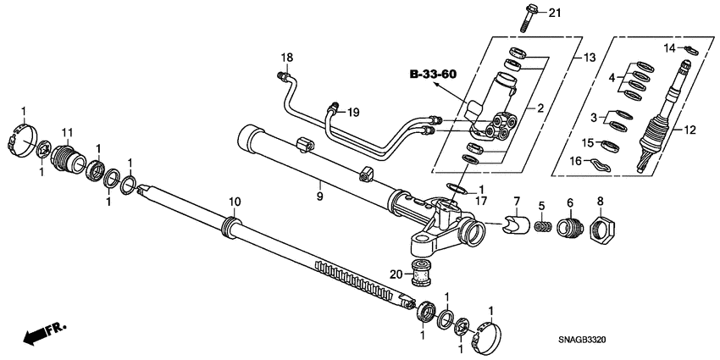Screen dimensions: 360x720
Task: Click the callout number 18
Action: coord(287,58)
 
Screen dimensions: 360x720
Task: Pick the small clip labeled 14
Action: coord(689,51)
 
